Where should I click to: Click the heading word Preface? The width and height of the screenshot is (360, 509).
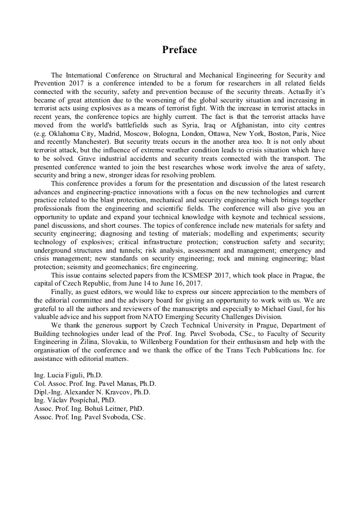pyautogui.click(x=179, y=50)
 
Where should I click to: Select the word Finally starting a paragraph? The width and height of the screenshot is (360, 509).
pyautogui.click(x=64, y=291)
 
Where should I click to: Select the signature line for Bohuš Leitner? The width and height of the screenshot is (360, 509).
pyautogui.click(x=88, y=409)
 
